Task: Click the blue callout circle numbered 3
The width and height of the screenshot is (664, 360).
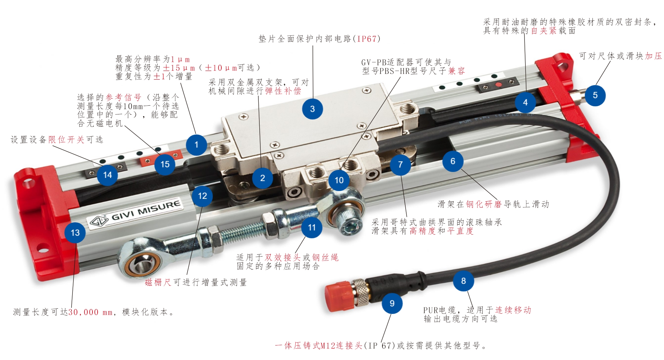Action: coord(312,109)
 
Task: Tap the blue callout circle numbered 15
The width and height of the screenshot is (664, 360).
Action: coord(165,164)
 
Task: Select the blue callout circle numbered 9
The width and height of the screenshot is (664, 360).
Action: coord(392,303)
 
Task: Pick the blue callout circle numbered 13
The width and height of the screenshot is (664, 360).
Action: coord(75,233)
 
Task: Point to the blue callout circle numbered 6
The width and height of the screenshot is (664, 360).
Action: coord(453,161)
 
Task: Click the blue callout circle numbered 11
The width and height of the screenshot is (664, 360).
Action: coord(312,228)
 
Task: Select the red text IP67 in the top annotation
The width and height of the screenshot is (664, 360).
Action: coord(367,39)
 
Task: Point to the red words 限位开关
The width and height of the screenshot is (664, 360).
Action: coord(66,140)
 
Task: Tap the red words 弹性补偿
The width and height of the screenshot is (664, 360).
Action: coord(283,91)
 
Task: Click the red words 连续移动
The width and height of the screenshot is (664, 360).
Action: coord(513,310)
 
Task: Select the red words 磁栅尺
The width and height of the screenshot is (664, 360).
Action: coord(158,282)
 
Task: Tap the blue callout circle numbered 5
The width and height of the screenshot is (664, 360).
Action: coord(595,95)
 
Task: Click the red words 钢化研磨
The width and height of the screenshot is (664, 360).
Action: coord(484,204)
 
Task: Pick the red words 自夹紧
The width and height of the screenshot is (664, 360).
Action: coord(544,31)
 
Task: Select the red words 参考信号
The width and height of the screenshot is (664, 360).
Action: coord(123,97)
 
